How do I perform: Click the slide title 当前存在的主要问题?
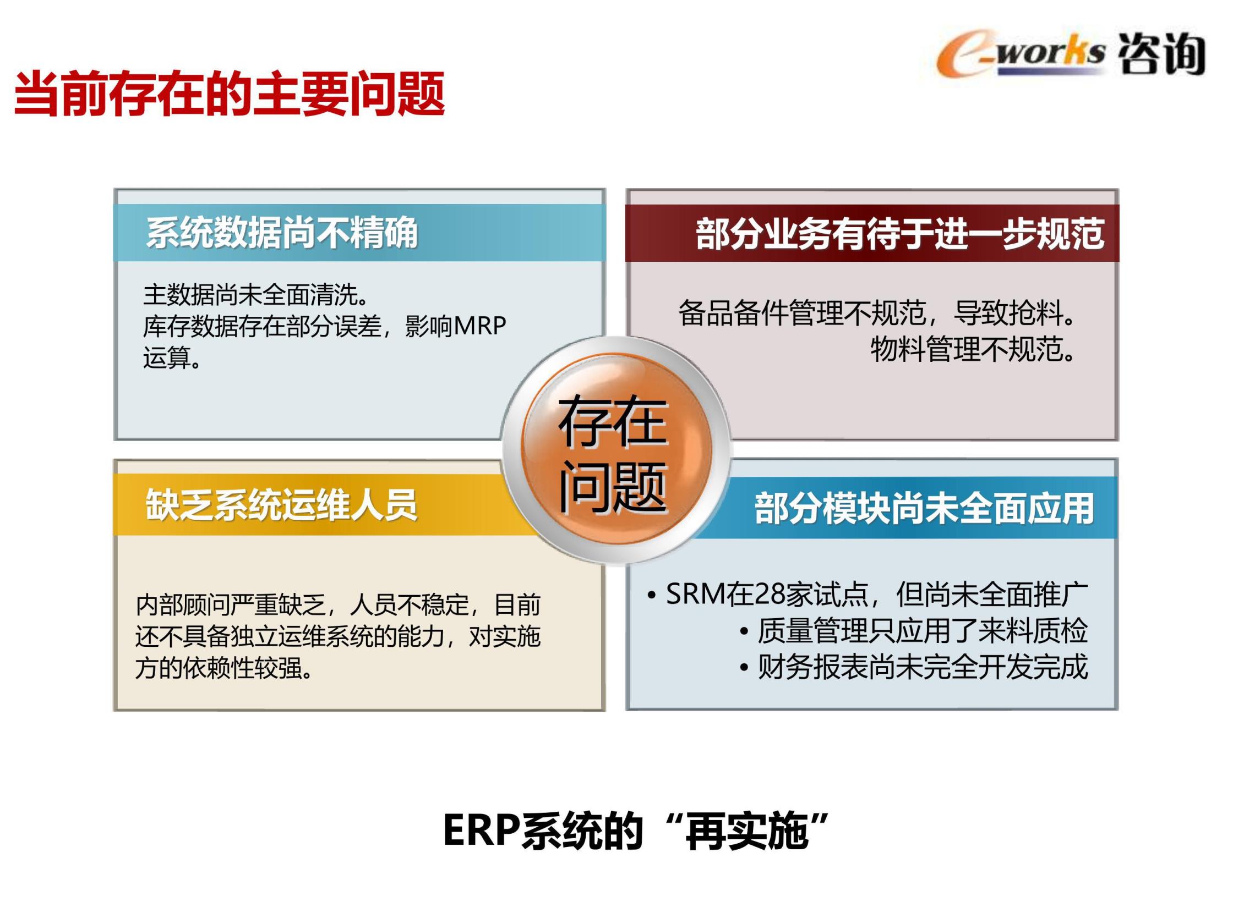tap(229, 94)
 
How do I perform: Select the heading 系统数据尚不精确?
tap(282, 233)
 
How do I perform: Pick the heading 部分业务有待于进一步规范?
tap(899, 234)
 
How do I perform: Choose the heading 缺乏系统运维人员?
tap(281, 505)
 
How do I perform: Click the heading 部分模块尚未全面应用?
tap(924, 508)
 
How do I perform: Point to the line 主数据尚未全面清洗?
tap(257, 295)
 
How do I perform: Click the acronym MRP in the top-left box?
tap(479, 326)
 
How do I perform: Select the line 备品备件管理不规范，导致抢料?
tap(877, 312)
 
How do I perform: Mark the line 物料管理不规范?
tap(973, 349)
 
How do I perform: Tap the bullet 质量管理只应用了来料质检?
tap(914, 631)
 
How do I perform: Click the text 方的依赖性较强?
tap(224, 668)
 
